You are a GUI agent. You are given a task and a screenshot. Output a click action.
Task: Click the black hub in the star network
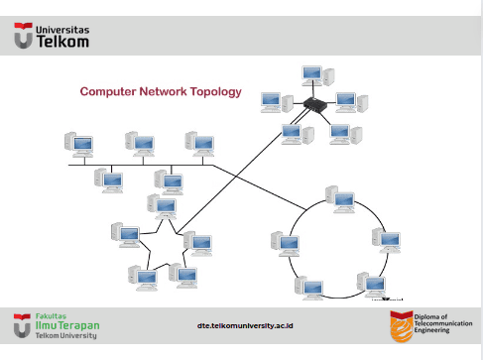coord(315,104)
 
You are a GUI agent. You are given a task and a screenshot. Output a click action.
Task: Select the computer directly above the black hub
coord(317,76)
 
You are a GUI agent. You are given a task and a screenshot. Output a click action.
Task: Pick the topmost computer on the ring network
coord(340,199)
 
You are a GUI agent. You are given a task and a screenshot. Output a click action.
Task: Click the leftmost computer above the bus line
coord(79,145)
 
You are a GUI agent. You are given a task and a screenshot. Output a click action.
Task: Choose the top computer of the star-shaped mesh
coord(162,206)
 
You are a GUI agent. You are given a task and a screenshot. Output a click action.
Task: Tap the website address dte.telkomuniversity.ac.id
coord(245,325)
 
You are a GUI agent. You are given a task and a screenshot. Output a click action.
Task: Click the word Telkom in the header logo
coord(62,42)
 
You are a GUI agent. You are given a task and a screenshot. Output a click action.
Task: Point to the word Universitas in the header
coord(62,30)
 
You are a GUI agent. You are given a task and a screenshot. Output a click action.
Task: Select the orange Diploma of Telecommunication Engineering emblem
coord(402,326)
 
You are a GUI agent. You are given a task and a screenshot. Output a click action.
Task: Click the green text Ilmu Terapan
coord(67,325)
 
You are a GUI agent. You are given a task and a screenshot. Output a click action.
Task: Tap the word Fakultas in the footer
coord(51,316)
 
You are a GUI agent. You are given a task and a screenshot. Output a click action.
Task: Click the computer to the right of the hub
coord(352,102)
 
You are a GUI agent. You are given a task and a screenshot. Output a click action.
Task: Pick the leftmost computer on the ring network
coord(286,244)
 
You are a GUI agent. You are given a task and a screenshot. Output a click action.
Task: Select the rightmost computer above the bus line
coord(199,144)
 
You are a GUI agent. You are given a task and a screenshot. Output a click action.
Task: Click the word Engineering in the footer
coord(431,330)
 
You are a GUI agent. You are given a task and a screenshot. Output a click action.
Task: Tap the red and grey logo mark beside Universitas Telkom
coord(23,36)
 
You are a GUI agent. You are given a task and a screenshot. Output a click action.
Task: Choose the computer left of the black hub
coord(277,103)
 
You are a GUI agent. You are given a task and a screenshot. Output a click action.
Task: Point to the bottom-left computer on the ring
coord(309,288)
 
